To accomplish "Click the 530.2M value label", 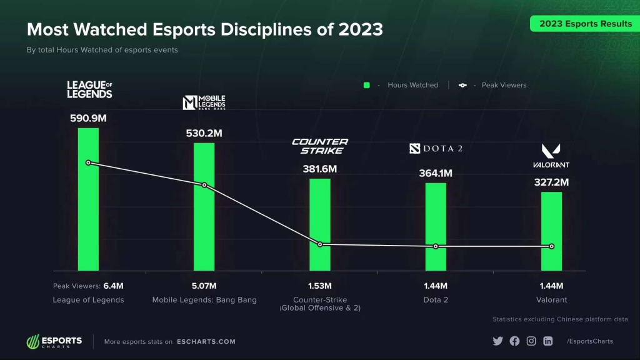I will point(204,133).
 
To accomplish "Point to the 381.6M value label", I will point(319,169).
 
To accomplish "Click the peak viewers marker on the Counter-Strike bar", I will point(320,244).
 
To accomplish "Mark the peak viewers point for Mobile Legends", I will point(204,185).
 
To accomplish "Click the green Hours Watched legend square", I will point(367,85).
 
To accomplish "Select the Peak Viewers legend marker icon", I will point(462,85).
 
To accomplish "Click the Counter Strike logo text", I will point(320,146).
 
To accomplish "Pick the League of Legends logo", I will point(89,89).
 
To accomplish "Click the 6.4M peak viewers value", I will point(113,286).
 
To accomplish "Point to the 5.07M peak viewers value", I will point(204,286).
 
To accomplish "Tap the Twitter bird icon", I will point(497,341).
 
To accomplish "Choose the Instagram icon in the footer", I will point(531,341).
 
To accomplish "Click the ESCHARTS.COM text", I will point(206,342).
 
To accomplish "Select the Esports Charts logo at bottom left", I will point(54,342).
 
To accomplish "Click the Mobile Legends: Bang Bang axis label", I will point(204,300).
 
